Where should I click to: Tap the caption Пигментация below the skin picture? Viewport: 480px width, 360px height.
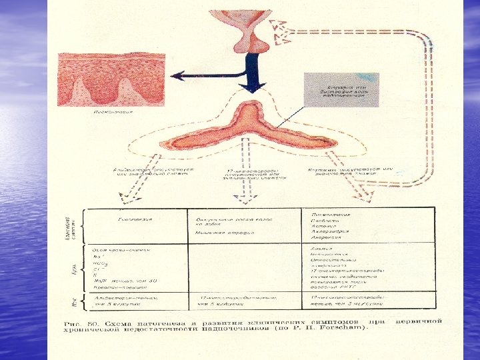click(113, 113)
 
